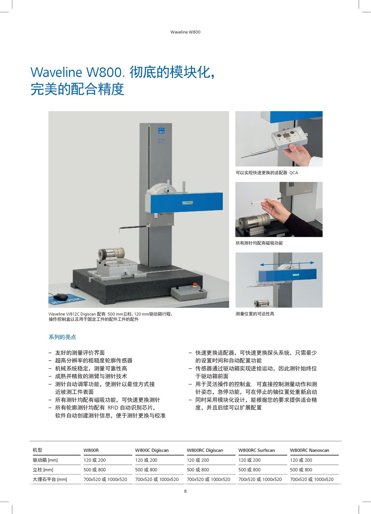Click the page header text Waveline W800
coord(185,32)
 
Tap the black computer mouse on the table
coord(61,297)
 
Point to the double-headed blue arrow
coord(287,263)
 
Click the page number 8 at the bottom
coord(185,491)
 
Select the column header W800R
coord(91,450)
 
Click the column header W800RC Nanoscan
coord(309,450)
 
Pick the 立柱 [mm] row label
coord(43,470)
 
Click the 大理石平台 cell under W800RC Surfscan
coord(260,479)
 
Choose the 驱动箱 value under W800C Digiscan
coord(146,460)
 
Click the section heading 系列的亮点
coord(62,337)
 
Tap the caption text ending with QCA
coord(267,173)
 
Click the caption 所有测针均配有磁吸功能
coord(259,243)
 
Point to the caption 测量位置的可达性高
coord(255,314)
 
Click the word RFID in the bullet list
coord(113,408)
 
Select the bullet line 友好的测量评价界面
coord(80,353)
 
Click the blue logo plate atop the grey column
coord(161,131)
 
